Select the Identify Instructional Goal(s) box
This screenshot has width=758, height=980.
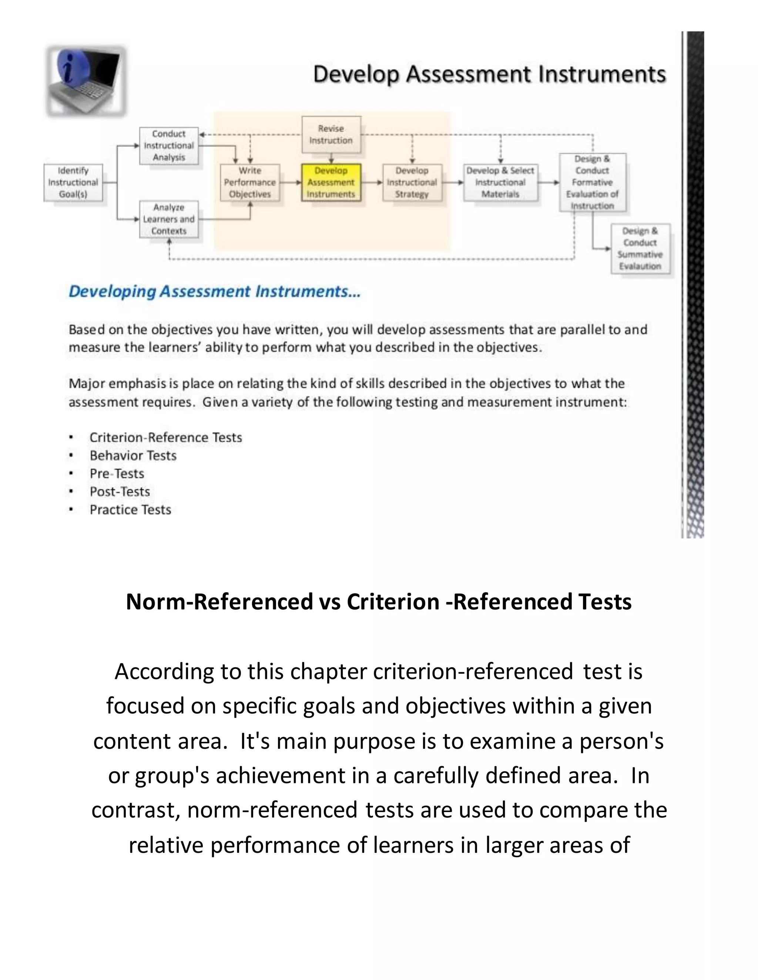(x=73, y=183)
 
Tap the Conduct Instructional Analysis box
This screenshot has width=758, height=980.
(x=169, y=146)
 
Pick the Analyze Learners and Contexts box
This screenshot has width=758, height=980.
(x=169, y=219)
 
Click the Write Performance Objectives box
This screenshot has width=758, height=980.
(x=250, y=183)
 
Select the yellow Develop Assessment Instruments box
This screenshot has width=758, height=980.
(x=331, y=183)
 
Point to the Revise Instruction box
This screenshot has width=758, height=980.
(x=331, y=135)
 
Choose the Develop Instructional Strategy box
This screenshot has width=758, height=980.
(x=412, y=183)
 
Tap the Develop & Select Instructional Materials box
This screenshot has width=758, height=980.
(x=500, y=183)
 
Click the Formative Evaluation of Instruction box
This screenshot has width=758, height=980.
(x=592, y=183)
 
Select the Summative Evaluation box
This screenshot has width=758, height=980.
(x=640, y=249)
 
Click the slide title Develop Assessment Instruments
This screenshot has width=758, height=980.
(x=489, y=74)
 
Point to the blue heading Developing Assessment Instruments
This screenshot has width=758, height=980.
(x=214, y=292)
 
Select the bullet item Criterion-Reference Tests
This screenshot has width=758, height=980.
(x=166, y=437)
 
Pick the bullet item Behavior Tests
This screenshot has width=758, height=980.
(x=133, y=456)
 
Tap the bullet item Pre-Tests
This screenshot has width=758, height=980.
(x=117, y=474)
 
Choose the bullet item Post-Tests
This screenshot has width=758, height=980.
(x=120, y=492)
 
